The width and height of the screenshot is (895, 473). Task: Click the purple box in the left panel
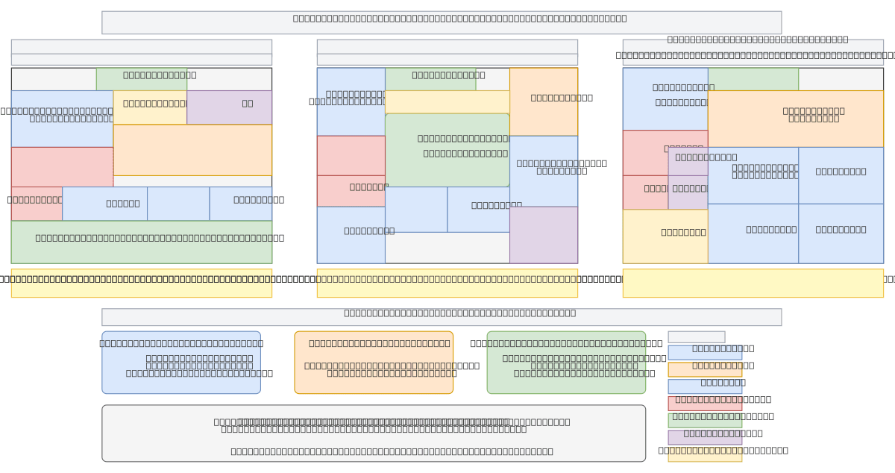(229, 107)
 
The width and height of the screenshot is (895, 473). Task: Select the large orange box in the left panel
(192, 150)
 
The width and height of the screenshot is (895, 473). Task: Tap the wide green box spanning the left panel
(141, 242)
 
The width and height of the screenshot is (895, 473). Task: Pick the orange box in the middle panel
(544, 101)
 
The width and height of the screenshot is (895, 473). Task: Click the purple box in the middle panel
(544, 235)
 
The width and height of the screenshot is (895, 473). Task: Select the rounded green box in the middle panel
(447, 150)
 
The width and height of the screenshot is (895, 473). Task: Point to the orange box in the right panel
(795, 119)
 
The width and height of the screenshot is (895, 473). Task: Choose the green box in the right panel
(753, 79)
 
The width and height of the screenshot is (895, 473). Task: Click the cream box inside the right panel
(665, 236)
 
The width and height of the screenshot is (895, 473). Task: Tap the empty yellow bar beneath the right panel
(753, 283)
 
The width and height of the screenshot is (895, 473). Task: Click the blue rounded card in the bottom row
(181, 363)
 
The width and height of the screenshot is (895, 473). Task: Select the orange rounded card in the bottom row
(374, 363)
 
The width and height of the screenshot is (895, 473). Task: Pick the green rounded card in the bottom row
(566, 363)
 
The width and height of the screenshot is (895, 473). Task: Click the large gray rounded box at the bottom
(374, 433)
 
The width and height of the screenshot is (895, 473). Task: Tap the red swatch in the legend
(705, 404)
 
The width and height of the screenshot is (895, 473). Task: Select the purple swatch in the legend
(705, 437)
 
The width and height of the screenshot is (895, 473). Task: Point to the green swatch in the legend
(705, 421)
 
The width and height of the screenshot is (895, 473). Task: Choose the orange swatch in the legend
(705, 369)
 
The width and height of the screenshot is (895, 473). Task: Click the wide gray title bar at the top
(442, 22)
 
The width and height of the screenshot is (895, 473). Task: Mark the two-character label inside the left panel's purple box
(248, 104)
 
